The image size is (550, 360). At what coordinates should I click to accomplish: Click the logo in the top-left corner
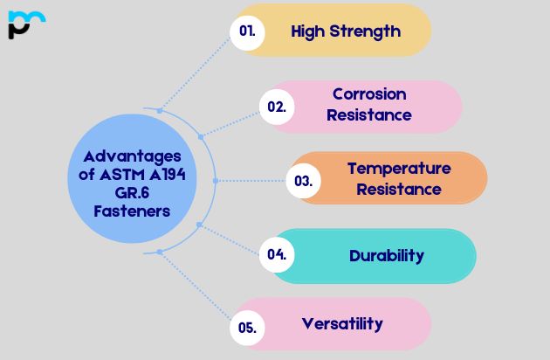[26, 24]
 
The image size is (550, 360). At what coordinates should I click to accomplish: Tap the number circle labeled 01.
[247, 31]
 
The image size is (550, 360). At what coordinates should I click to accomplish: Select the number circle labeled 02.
[277, 107]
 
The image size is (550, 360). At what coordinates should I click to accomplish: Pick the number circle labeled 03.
[303, 181]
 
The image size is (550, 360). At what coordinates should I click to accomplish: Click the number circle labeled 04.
[277, 255]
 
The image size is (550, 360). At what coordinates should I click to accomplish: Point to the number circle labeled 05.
[247, 329]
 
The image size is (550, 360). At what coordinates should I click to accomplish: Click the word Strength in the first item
[368, 31]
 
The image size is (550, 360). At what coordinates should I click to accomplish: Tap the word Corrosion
[369, 94]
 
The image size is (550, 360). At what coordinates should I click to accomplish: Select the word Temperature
[399, 168]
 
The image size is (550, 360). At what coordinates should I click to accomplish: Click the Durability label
[387, 255]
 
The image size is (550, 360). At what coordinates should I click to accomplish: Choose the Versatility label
[342, 323]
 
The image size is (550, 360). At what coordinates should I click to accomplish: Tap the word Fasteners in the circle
[131, 211]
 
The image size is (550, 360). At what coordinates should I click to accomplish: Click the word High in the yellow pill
[308, 31]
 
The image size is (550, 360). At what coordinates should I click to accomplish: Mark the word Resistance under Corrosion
[369, 114]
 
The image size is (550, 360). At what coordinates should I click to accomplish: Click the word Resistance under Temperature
[399, 189]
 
